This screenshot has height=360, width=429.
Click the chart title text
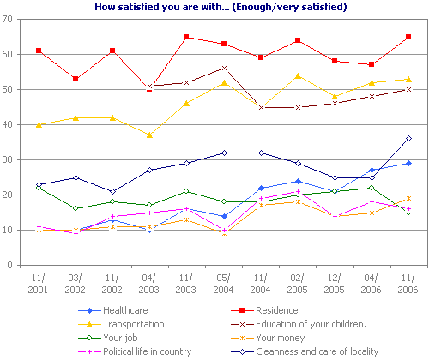214,7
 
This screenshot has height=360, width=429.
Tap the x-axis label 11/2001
39,284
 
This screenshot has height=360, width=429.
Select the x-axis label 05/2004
224,284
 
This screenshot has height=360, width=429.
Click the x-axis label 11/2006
408,284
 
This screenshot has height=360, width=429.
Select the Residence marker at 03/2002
76,79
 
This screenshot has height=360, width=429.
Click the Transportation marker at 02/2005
298,75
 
